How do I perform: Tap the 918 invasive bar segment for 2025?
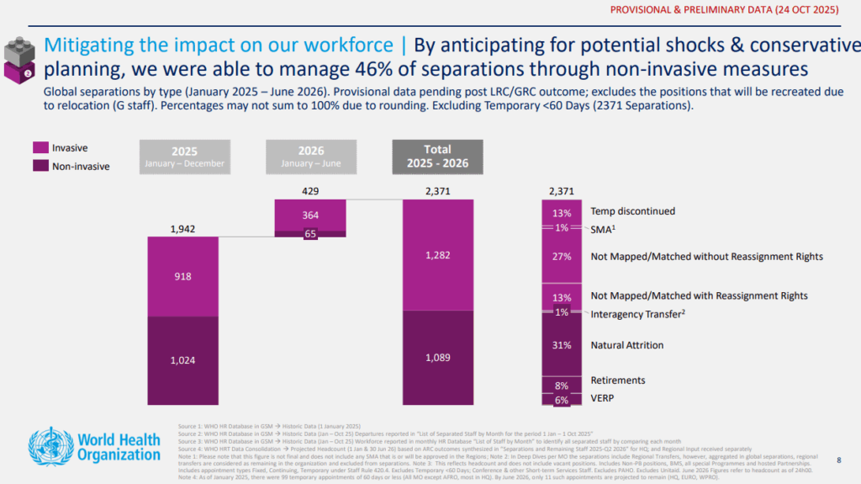(182, 276)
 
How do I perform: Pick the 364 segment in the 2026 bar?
(310, 215)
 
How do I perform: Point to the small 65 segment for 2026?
(310, 234)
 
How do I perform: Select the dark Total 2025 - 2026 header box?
(437, 157)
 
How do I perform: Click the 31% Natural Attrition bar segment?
(562, 345)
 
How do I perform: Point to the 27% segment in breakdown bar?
(562, 257)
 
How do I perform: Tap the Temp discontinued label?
(632, 212)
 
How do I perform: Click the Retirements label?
(618, 380)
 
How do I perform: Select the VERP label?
(603, 399)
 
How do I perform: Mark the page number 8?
(838, 460)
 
